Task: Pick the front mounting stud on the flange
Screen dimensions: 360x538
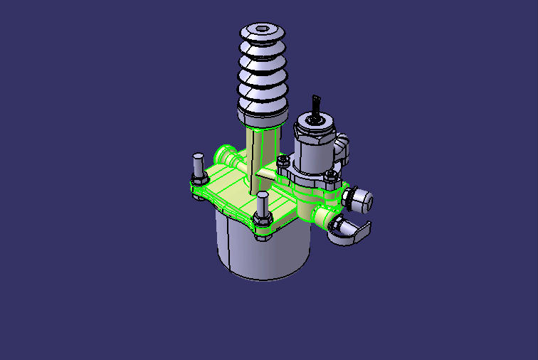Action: [x=263, y=207]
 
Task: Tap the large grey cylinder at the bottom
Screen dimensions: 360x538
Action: [x=263, y=249]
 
